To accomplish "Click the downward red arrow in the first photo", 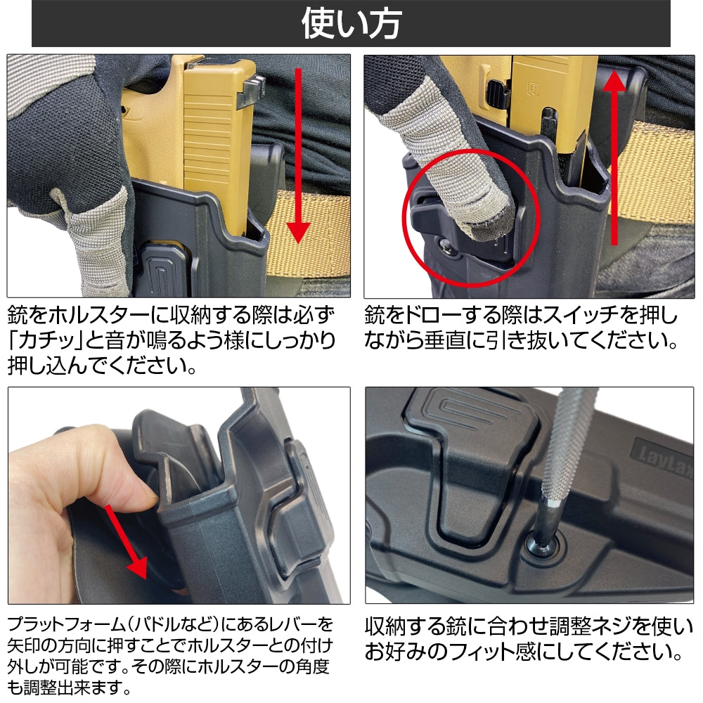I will pyautogui.click(x=299, y=155).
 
